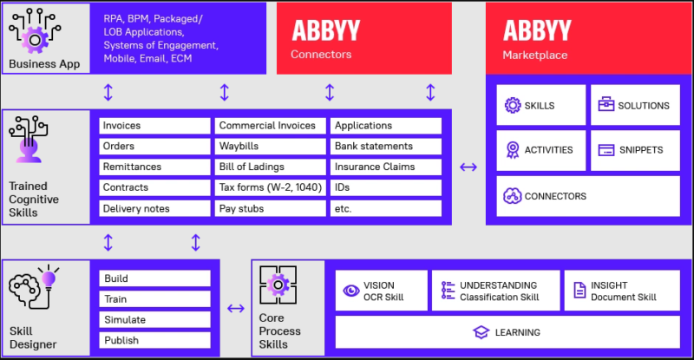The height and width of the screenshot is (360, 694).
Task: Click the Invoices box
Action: click(x=154, y=125)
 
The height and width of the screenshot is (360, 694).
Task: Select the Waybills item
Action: click(x=270, y=146)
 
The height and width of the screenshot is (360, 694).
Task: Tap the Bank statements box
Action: click(x=386, y=146)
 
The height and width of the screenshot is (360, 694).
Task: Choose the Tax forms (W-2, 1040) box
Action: click(x=270, y=187)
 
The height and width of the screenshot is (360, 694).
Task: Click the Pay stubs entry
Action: click(x=270, y=208)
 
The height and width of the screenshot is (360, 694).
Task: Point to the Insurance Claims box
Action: click(x=386, y=167)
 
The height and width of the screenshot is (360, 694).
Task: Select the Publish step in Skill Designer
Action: click(x=154, y=340)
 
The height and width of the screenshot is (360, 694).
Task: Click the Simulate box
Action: click(x=154, y=319)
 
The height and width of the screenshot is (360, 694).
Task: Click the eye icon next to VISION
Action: click(x=351, y=291)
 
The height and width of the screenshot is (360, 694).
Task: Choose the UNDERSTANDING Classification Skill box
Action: click(x=495, y=291)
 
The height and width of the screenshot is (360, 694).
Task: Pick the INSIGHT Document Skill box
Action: click(x=621, y=291)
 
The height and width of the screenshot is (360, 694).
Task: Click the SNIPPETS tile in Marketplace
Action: click(x=636, y=149)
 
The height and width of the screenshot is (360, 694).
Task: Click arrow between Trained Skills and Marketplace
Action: click(x=468, y=167)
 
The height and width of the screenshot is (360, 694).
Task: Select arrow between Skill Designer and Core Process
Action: click(x=235, y=308)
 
